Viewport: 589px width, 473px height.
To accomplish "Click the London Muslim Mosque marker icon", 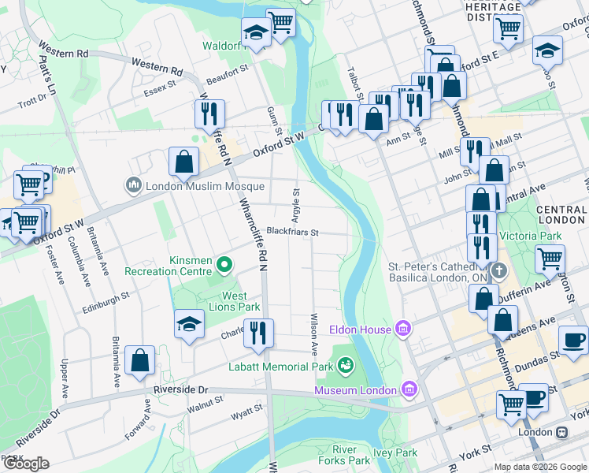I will coord(133,186).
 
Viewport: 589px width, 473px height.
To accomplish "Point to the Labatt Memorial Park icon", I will coord(345,364).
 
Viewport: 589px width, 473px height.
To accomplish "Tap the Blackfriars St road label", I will coord(291,232).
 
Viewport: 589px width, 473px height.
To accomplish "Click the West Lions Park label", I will coord(235,302).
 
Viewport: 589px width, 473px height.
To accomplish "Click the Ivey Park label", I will coord(395,453).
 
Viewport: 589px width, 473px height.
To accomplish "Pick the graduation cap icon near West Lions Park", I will coord(189,324).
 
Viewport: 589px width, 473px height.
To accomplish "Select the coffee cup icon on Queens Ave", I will coord(573,339).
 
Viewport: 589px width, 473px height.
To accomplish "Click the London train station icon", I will coord(562,432).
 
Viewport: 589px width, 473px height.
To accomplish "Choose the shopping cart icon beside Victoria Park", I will coord(550,257).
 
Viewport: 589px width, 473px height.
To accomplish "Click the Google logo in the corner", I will coord(26,464).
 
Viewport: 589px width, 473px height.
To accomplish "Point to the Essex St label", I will coord(160,88).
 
